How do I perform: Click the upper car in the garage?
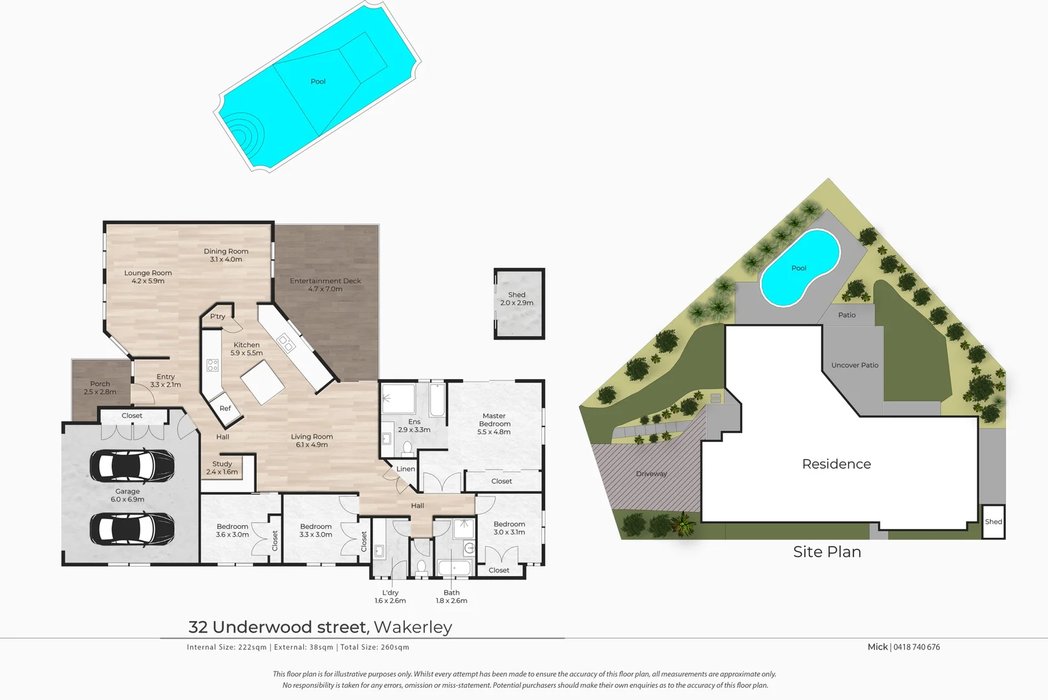coord(132,465)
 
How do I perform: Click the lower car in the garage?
coord(132,528)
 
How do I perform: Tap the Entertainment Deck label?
coord(325,285)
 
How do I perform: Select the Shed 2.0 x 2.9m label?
coord(517,299)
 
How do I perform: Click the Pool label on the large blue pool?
coord(318,82)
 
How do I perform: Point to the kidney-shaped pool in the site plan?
coord(799,268)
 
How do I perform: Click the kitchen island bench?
coord(262,382)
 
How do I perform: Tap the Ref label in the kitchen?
coord(225,408)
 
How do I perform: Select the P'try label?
coord(218,317)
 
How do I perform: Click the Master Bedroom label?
coord(494,424)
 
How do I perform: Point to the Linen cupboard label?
coord(405,469)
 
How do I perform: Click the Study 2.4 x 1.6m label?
coord(222,468)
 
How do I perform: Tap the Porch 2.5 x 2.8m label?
coord(100,388)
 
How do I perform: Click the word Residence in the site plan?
coord(836,464)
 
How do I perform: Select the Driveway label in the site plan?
coord(651,474)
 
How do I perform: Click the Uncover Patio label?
coord(854,366)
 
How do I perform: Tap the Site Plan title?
coord(827,552)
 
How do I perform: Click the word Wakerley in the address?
coord(413,627)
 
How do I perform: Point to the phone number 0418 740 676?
coord(917,647)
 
